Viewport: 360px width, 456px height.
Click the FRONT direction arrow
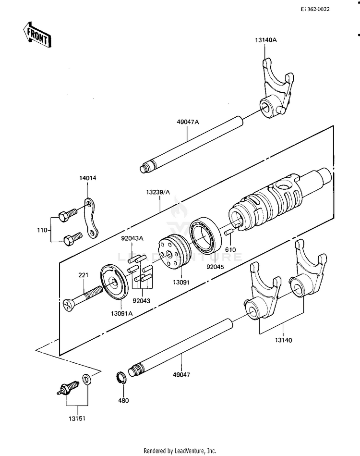tap(37, 35)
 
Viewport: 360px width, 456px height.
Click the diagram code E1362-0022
tap(315, 9)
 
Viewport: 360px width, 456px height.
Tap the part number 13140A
tap(266, 40)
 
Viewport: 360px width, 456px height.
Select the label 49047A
tap(188, 122)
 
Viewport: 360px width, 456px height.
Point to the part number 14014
tap(88, 178)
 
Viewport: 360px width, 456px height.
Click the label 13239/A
tap(158, 192)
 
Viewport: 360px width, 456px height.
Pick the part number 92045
tap(216, 267)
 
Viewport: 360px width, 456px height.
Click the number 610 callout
tap(231, 249)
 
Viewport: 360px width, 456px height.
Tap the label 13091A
tap(122, 313)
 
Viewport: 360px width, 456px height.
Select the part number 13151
tap(77, 419)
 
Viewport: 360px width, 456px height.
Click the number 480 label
tap(123, 400)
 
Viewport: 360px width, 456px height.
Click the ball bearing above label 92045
tap(205, 236)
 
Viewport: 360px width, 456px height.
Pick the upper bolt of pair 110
tap(67, 215)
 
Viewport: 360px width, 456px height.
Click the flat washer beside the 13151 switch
tap(86, 379)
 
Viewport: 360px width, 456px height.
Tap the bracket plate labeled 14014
tap(90, 218)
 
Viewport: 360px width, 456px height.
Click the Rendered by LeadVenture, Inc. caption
tap(180, 451)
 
